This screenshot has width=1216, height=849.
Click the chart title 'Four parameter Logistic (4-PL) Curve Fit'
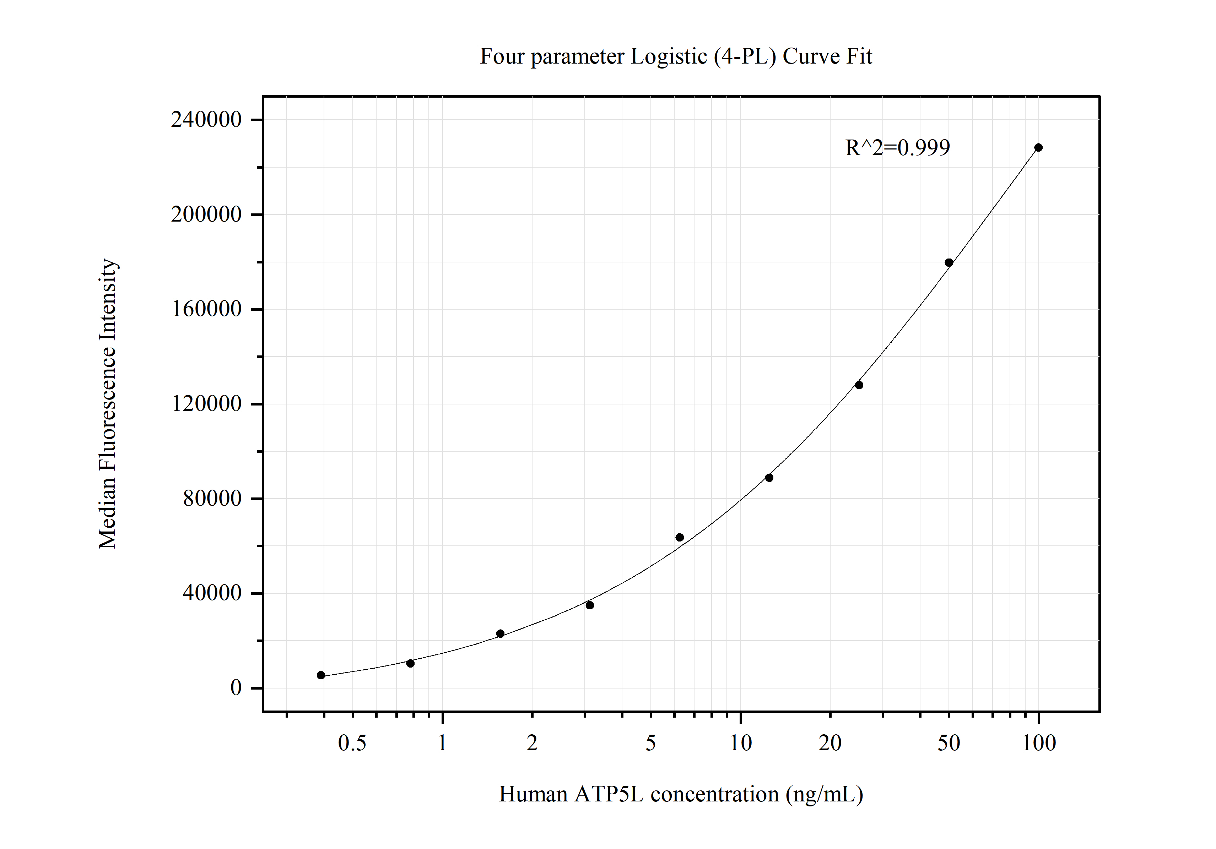pyautogui.click(x=675, y=56)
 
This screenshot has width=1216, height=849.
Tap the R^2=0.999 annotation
pyautogui.click(x=897, y=148)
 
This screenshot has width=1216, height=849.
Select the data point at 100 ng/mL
pyautogui.click(x=1038, y=148)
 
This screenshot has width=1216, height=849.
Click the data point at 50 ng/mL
pyautogui.click(x=949, y=262)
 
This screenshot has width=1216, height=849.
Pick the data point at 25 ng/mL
pyautogui.click(x=859, y=385)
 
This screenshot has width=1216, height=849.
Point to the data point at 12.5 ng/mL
pyautogui.click(x=769, y=478)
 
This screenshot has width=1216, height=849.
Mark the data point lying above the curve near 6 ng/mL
pyautogui.click(x=680, y=537)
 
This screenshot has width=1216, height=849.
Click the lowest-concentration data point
pyautogui.click(x=321, y=675)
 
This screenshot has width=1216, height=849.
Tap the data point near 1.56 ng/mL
pyautogui.click(x=500, y=633)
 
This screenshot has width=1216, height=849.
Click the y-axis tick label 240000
pyautogui.click(x=206, y=120)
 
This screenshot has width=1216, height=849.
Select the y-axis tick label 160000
pyautogui.click(x=206, y=309)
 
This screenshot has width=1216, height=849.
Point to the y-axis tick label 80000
pyautogui.click(x=212, y=499)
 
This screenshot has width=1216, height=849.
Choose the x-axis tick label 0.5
pyautogui.click(x=352, y=744)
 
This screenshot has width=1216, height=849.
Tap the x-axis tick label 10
pyautogui.click(x=740, y=744)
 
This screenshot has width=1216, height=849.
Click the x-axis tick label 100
pyautogui.click(x=1039, y=744)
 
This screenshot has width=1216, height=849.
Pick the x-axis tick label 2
pyautogui.click(x=532, y=744)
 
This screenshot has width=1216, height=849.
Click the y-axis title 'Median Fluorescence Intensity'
pyautogui.click(x=108, y=404)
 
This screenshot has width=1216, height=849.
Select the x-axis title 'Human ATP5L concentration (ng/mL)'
pyautogui.click(x=681, y=794)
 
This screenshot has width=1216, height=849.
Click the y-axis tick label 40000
pyautogui.click(x=212, y=593)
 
